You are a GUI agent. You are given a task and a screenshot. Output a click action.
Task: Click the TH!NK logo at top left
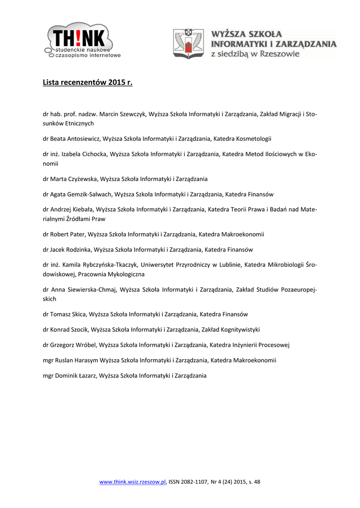[82, 41]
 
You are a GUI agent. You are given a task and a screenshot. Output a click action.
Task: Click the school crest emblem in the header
[188, 44]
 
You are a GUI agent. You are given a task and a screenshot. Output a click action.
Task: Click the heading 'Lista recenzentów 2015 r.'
[88, 82]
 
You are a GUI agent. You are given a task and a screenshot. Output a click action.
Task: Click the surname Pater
[77, 234]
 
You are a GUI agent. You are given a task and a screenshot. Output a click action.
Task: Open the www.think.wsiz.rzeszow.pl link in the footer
[133, 482]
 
